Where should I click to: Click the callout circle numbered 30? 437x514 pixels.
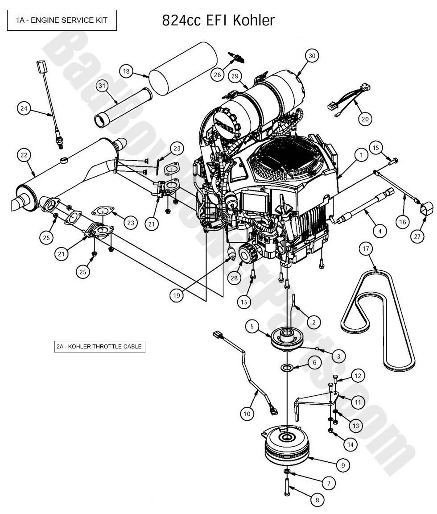click(312, 56)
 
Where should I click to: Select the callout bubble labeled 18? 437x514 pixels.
click(127, 71)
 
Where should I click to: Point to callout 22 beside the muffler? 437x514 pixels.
click(24, 155)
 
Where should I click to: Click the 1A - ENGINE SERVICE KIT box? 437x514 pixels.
click(62, 20)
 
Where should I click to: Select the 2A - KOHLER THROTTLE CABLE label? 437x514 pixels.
click(100, 346)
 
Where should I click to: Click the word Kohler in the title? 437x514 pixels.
click(254, 20)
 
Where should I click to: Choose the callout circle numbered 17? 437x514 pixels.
click(366, 249)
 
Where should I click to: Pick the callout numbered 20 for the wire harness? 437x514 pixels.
click(365, 119)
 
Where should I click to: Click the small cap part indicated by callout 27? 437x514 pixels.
click(427, 208)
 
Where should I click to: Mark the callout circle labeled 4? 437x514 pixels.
click(379, 231)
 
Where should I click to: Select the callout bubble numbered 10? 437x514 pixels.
click(247, 414)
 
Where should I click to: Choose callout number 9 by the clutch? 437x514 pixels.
click(343, 465)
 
